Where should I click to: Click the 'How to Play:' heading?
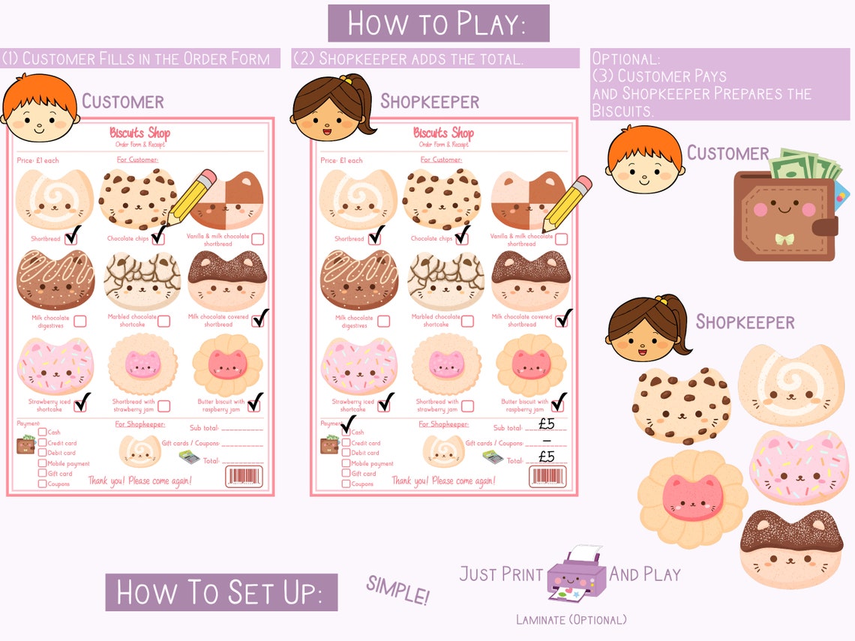pyautogui.click(x=438, y=23)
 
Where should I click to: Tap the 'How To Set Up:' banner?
pyautogui.click(x=221, y=592)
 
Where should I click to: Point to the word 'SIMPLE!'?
pyautogui.click(x=397, y=591)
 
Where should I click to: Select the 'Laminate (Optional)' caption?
pyautogui.click(x=571, y=619)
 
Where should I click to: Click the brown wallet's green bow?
pyautogui.click(x=784, y=239)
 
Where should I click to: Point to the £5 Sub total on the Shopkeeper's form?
pyautogui.click(x=547, y=424)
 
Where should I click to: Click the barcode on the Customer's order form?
pyautogui.click(x=244, y=476)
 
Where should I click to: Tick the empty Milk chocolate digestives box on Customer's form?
pyautogui.click(x=79, y=321)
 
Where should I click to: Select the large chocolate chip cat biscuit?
pyautogui.click(x=681, y=406)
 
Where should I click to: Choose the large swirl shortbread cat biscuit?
pyautogui.click(x=790, y=385)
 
